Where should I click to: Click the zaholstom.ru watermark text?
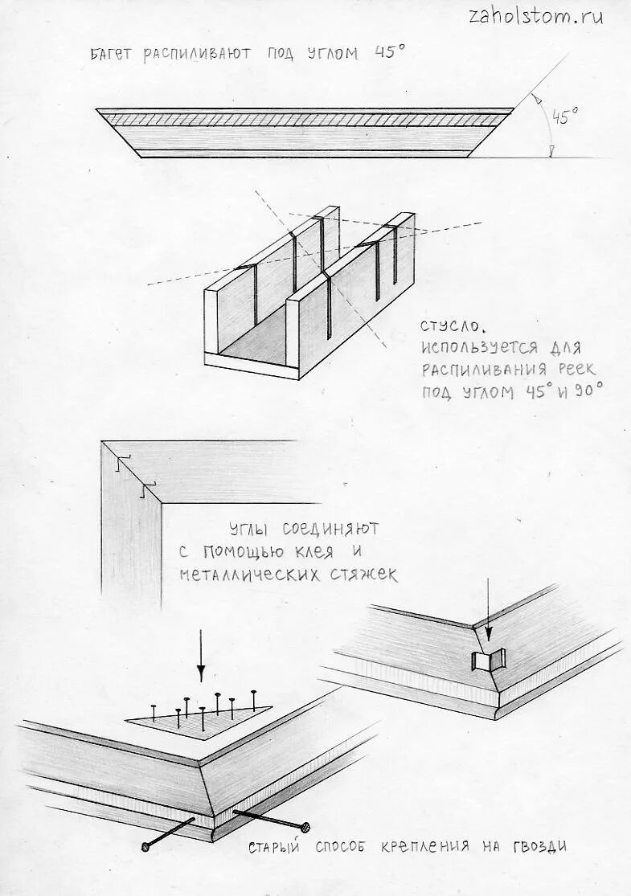(535, 18)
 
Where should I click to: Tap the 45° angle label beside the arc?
(564, 117)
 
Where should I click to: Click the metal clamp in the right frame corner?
(485, 662)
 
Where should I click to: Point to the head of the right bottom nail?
(305, 828)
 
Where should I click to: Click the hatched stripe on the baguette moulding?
(305, 120)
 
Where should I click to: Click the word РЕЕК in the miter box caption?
(570, 370)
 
